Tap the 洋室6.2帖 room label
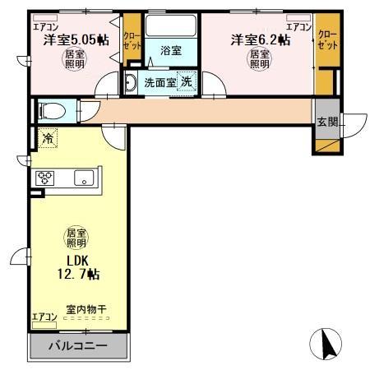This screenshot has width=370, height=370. [259, 39]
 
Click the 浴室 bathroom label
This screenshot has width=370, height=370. [171, 50]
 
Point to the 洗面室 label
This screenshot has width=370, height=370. [160, 82]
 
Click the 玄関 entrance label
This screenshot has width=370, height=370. [327, 123]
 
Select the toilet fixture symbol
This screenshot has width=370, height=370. [51, 110]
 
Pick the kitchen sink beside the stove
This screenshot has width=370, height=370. [83, 178]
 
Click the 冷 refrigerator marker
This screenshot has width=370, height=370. [48, 140]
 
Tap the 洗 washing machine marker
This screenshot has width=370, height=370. [187, 81]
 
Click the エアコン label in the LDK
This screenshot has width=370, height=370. [44, 318]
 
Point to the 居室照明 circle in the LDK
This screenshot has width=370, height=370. [76, 238]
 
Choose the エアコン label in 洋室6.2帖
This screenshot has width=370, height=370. [298, 26]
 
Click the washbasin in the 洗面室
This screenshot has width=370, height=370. [131, 81]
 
